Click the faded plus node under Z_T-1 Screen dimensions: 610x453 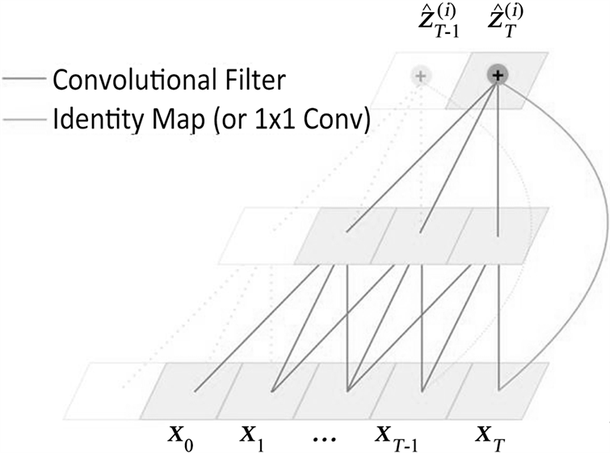click(x=420, y=77)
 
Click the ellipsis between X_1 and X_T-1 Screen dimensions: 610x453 click(x=327, y=438)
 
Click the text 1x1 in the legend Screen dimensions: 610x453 click(x=287, y=122)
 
